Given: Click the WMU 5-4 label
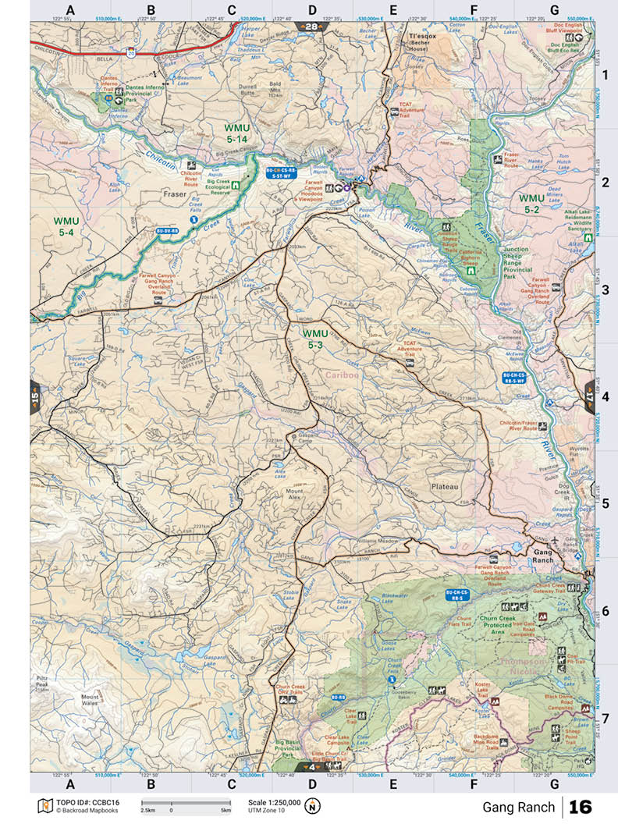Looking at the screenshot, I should pos(64,226).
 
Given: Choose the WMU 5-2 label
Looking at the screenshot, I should pos(532,204).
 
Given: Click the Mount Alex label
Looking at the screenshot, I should pos(293,492).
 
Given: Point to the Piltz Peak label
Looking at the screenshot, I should pos(42,684).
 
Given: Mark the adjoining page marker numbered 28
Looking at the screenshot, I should pos(311,27).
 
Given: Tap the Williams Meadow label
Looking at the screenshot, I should pos(378,541).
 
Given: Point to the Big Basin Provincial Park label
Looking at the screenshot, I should pos(288,748).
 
